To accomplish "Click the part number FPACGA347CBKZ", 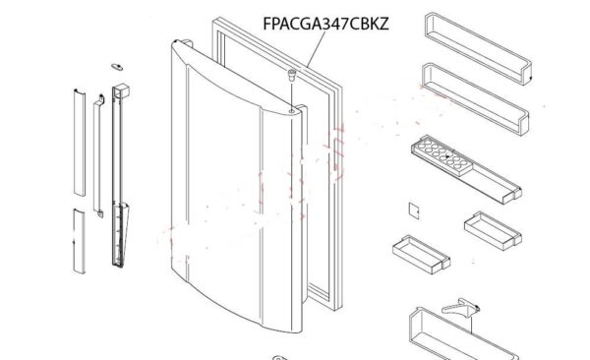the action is (325, 24).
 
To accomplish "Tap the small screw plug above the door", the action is (292, 75).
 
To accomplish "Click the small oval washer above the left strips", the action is (117, 67).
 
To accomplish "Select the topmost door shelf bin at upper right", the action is (478, 48).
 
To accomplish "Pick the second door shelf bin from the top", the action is (475, 98).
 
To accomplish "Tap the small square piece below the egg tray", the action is (414, 210).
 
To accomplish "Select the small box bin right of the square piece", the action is (493, 231).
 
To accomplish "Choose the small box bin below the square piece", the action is (421, 254).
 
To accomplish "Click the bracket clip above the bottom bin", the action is (460, 307).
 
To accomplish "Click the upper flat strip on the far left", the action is (80, 143).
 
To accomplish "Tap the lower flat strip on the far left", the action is (79, 241).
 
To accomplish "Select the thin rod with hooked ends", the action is (98, 155).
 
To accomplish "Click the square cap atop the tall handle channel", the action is (121, 91).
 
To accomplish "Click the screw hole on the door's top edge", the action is (292, 111).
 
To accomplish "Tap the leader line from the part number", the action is (316, 49).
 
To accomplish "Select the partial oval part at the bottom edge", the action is (279, 358).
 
